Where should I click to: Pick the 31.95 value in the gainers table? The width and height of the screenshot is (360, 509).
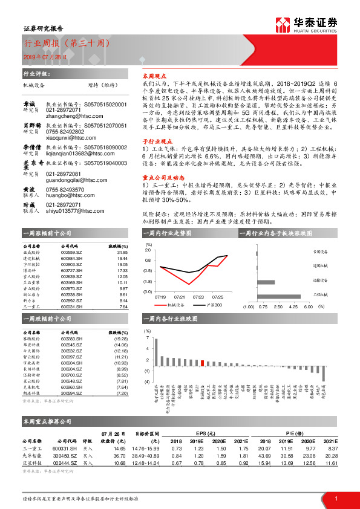122,253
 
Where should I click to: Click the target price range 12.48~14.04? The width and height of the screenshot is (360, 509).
146,463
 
